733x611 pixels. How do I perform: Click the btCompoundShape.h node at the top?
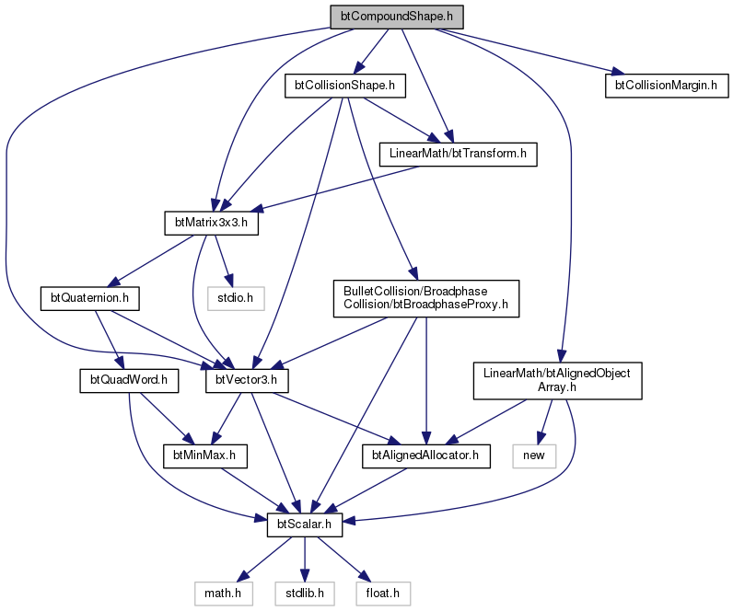(397, 17)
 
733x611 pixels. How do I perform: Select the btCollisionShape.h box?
(345, 86)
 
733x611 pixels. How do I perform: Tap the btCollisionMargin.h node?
(667, 86)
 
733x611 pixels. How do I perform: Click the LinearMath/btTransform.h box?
(458, 155)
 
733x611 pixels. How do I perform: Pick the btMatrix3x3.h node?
(211, 224)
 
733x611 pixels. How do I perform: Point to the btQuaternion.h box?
(89, 298)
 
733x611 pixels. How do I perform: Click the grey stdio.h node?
(236, 298)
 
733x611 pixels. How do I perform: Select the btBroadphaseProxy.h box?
(425, 298)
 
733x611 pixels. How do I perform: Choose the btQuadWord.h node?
(129, 381)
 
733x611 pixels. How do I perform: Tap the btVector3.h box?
(247, 381)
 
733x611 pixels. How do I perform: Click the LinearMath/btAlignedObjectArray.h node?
(557, 381)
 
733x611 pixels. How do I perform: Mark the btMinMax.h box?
(204, 455)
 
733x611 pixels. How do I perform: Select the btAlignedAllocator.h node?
(425, 455)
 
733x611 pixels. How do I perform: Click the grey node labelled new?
(534, 455)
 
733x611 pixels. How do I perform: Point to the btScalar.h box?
(305, 525)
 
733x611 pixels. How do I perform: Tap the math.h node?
(224, 594)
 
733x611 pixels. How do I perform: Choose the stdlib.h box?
(305, 594)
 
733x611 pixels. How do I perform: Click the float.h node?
(383, 594)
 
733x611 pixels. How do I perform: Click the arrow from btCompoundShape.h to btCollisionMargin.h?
(530, 52)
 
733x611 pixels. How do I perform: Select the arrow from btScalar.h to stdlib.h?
(305, 559)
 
